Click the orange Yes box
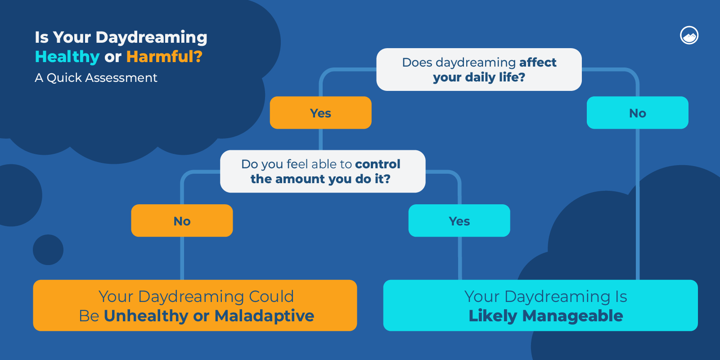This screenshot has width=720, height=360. pyautogui.click(x=320, y=113)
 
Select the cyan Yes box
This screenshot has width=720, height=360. pyautogui.click(x=459, y=221)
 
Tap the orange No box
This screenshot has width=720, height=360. pyautogui.click(x=182, y=221)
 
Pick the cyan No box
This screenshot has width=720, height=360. pyautogui.click(x=637, y=113)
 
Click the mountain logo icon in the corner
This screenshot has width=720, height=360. pyautogui.click(x=689, y=36)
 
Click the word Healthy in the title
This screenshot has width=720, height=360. pyautogui.click(x=67, y=57)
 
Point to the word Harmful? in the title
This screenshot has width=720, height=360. pyautogui.click(x=164, y=57)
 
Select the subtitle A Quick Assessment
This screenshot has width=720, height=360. pyautogui.click(x=96, y=78)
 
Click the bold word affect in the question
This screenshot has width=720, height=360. pyautogui.click(x=538, y=62)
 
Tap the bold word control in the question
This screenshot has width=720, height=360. pyautogui.click(x=378, y=164)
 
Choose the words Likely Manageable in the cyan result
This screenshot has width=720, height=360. pyautogui.click(x=545, y=316)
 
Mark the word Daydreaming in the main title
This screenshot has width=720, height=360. pyautogui.click(x=151, y=37)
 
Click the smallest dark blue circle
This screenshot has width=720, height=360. pyautogui.click(x=48, y=250)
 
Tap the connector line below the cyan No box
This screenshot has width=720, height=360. pyautogui.click(x=638, y=202)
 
